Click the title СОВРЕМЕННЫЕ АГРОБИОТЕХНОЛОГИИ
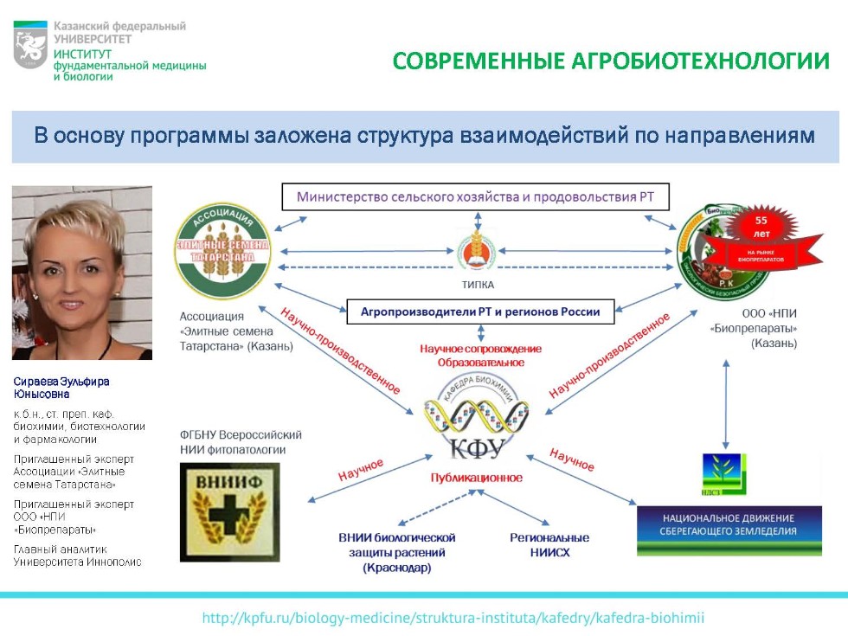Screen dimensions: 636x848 611,61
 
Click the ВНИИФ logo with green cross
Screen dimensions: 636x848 229,511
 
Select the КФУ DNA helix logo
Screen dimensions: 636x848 476,421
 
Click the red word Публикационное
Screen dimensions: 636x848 476,477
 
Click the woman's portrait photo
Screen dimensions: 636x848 82,273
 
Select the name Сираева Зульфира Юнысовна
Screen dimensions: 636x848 61,388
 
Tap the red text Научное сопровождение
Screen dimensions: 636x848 480,348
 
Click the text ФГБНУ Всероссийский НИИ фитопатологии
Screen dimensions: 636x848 241,441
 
